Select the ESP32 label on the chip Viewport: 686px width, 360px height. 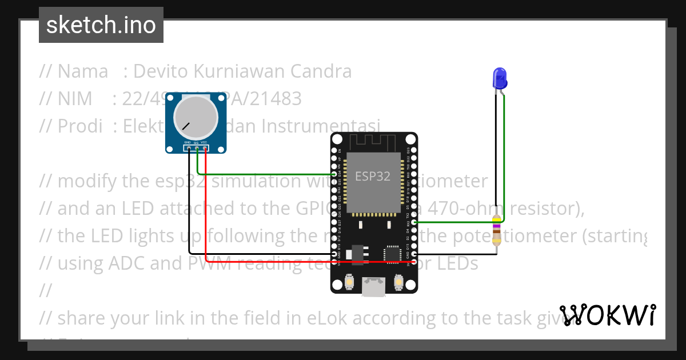373,176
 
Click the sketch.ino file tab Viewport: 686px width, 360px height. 101,25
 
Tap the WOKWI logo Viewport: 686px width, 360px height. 607,315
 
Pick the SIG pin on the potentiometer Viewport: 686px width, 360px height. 196,149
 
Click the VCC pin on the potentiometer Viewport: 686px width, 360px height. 204,149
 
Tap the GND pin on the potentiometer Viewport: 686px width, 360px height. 188,149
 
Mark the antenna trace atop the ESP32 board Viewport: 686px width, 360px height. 374,141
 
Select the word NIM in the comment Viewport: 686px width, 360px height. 74,99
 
